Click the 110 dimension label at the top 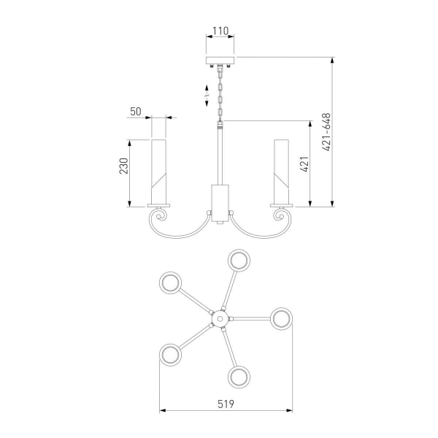coord(219,31)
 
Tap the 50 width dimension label coord(135,111)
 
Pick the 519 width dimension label coord(226,401)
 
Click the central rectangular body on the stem coord(219,199)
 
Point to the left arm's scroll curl coord(159,218)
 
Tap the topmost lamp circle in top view coord(239,261)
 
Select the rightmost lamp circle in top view coord(281,318)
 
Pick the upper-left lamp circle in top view coord(172,283)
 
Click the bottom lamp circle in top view coord(239,377)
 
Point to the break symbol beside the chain coord(207,93)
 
